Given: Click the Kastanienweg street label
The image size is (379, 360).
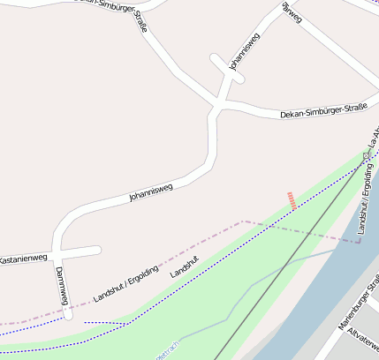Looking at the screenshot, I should point(21,259).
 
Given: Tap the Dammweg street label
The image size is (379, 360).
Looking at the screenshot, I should point(62,286).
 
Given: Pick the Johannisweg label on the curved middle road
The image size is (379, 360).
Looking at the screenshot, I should point(150,191).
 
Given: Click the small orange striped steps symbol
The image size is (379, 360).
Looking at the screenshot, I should point(292,200).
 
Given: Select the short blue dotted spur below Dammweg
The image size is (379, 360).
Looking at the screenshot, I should point(104,323).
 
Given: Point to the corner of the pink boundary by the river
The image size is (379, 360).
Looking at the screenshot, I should point(358,241).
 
